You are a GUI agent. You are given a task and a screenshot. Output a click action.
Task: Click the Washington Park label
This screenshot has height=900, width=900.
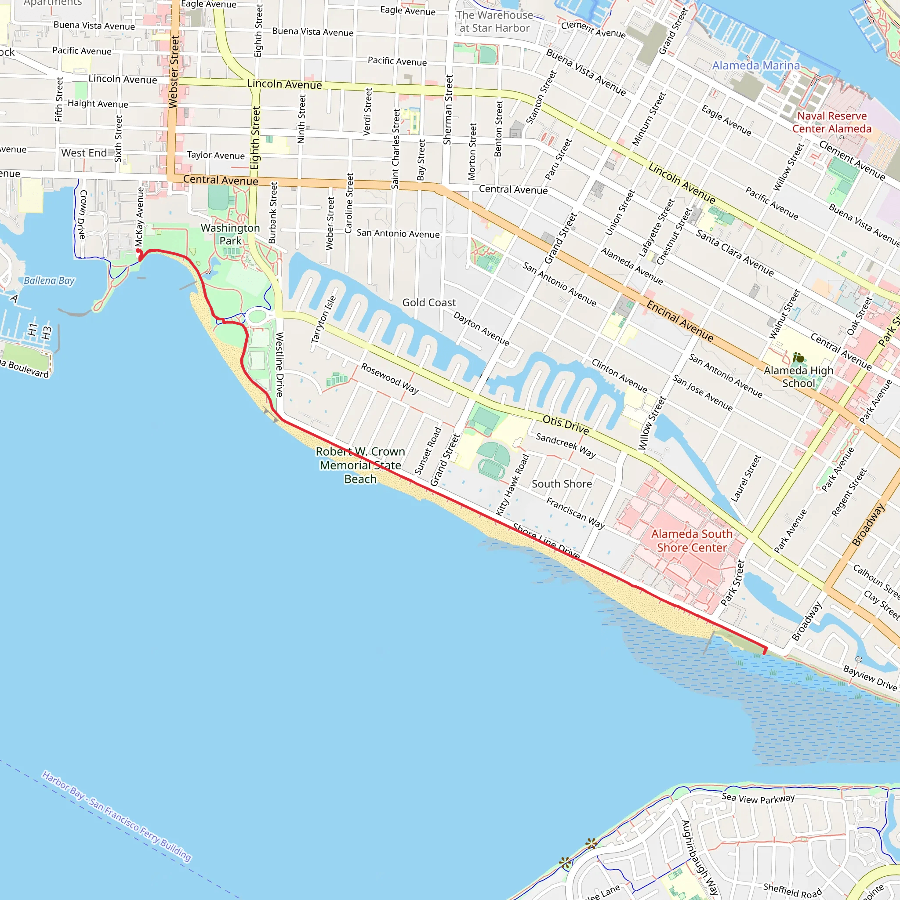[230, 234]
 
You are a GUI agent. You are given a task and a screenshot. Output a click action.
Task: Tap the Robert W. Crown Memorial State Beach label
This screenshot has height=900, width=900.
[360, 465]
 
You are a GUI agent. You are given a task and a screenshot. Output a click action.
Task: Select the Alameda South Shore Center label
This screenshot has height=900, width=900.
[691, 541]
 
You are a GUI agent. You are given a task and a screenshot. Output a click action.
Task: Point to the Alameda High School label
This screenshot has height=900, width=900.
[798, 377]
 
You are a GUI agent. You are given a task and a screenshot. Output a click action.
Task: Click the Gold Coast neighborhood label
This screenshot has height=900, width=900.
[428, 303]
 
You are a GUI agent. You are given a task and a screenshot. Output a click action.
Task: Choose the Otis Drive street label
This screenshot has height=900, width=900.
[566, 425]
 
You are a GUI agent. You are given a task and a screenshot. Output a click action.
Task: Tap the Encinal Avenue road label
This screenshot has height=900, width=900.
[680, 321]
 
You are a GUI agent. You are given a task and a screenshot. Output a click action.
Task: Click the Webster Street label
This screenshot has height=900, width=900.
[174, 72]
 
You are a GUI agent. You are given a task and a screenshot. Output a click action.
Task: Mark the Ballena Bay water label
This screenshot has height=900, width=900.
[49, 280]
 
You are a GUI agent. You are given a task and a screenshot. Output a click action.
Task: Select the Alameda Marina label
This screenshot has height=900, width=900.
[755, 65]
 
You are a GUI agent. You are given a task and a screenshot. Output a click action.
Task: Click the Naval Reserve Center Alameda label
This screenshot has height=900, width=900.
[831, 122]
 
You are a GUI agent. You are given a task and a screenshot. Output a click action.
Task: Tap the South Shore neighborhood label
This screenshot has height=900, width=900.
[562, 484]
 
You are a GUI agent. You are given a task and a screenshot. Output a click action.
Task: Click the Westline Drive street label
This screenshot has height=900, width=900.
[279, 364]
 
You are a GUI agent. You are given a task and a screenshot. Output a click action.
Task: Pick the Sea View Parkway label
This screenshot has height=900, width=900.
[758, 799]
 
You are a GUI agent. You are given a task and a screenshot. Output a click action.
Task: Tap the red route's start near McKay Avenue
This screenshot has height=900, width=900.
[138, 251]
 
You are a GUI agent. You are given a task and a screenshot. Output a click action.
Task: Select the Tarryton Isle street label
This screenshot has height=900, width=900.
[323, 319]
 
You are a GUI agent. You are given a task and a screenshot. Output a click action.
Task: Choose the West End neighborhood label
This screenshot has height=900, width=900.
[84, 153]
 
